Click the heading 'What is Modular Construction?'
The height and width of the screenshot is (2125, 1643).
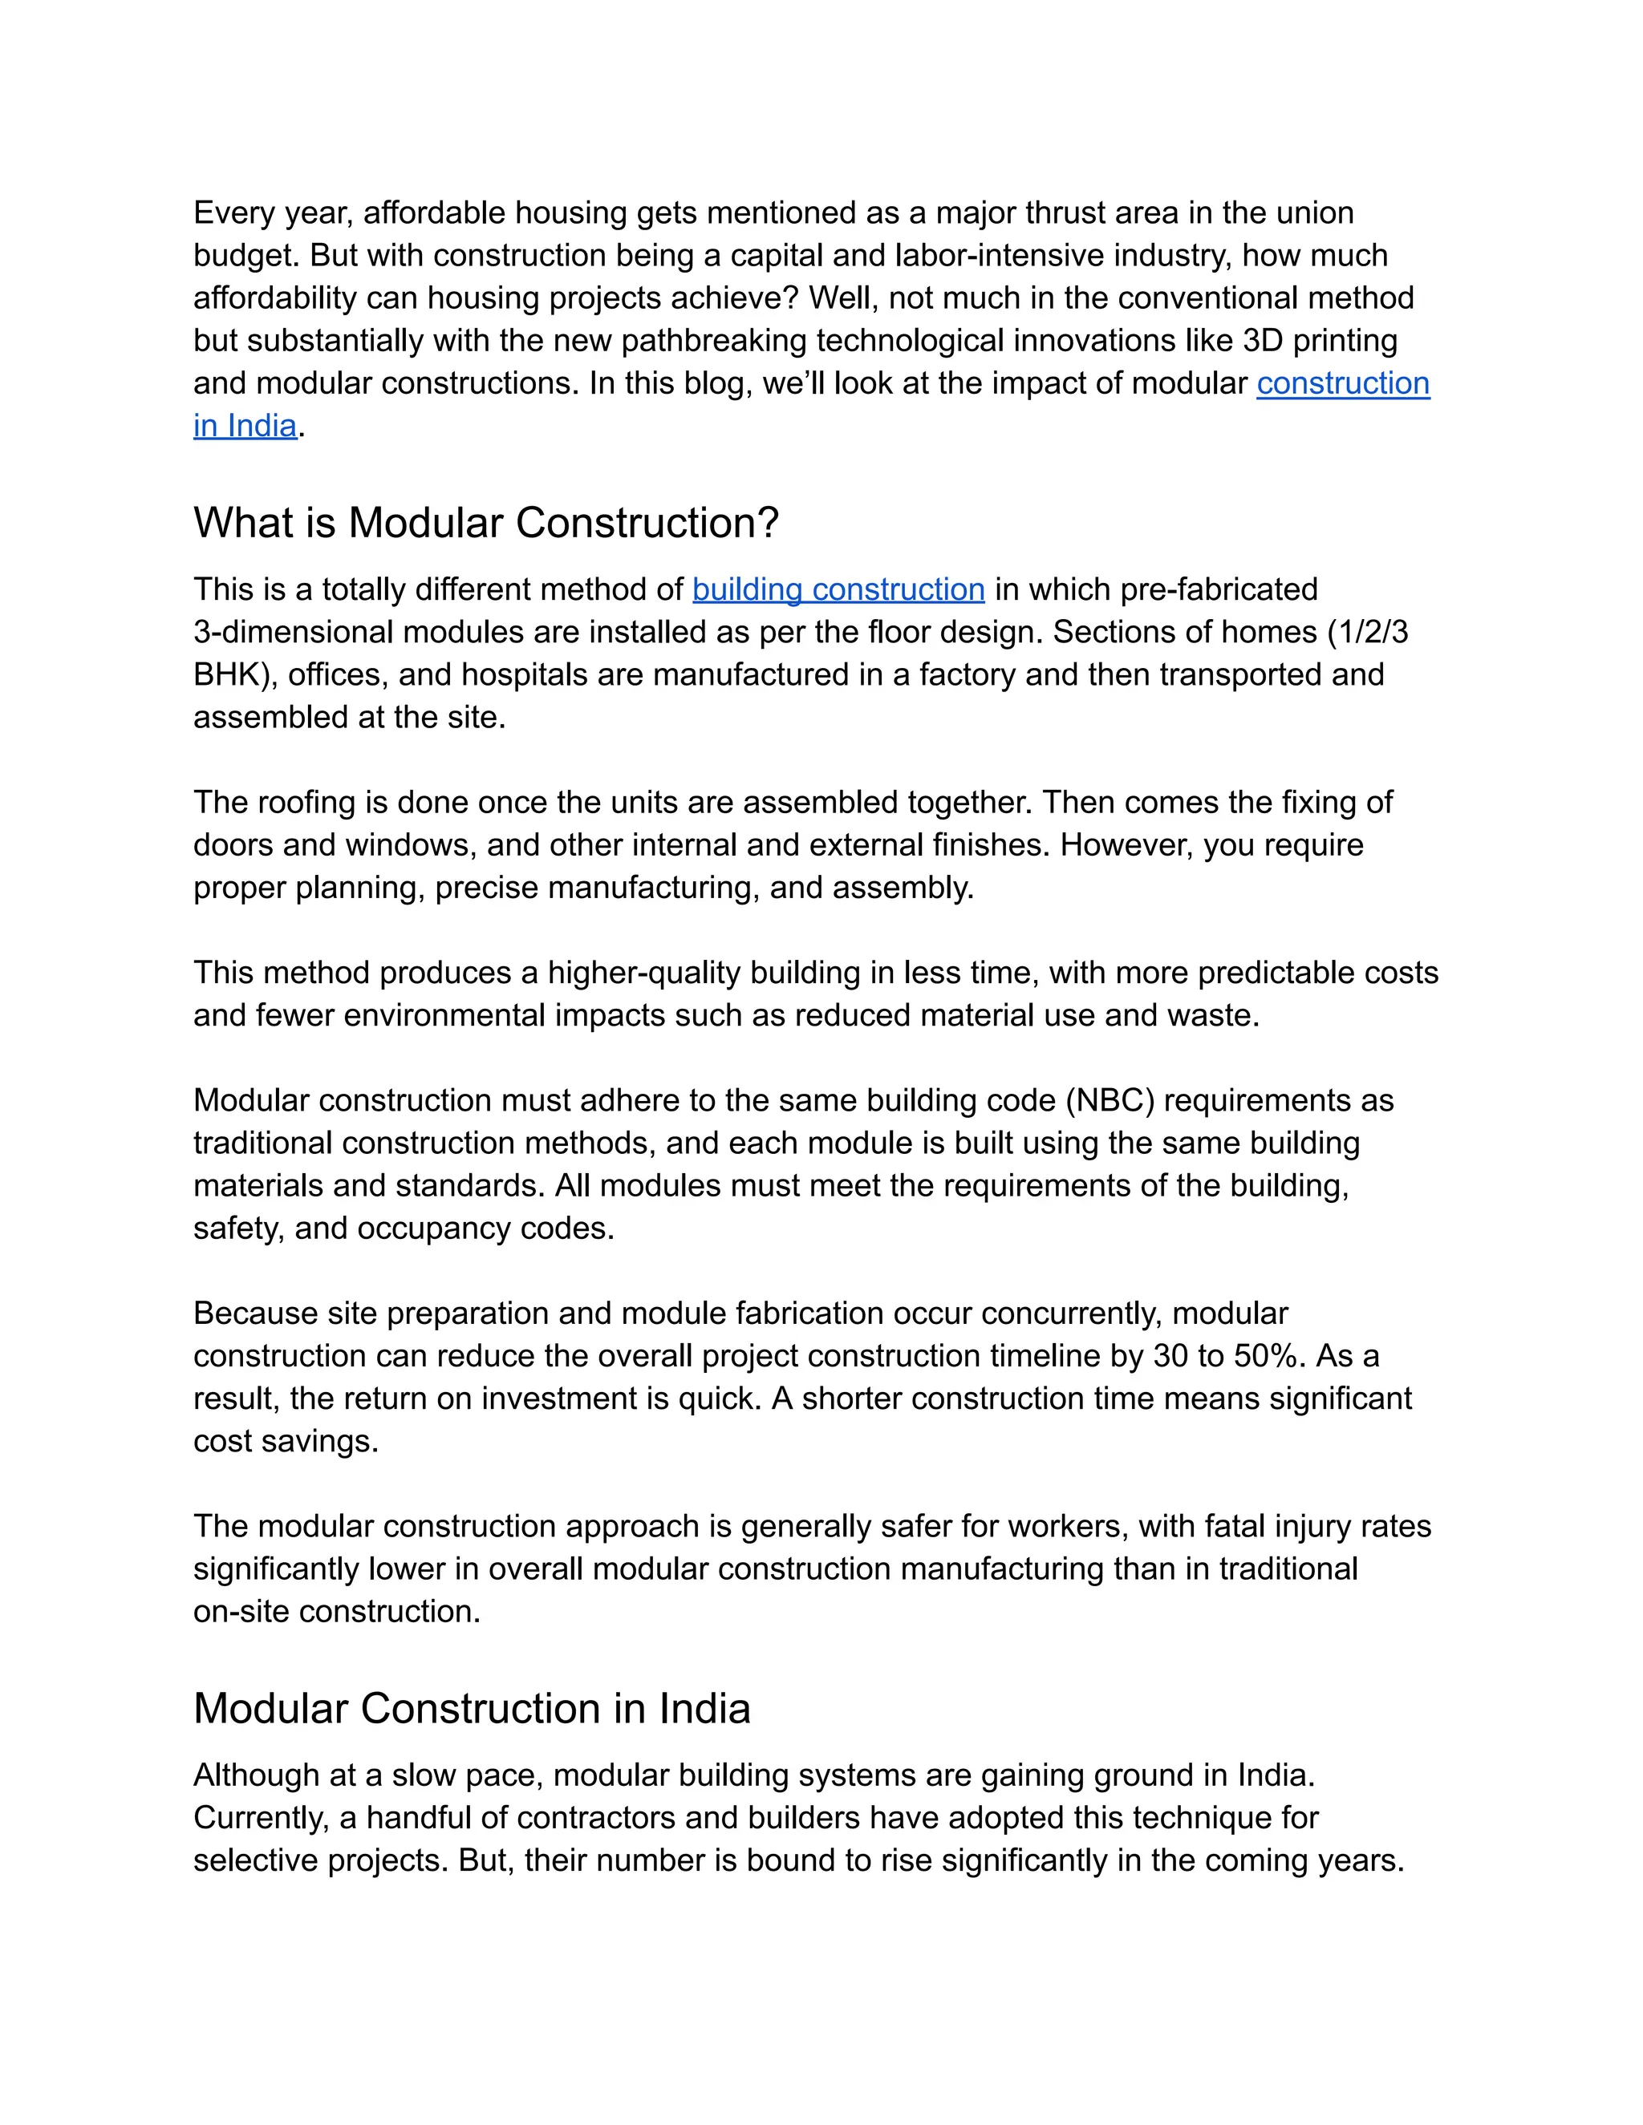click(x=485, y=524)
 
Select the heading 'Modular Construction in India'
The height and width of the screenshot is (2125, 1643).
click(x=471, y=1710)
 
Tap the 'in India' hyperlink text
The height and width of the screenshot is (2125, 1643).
click(x=245, y=426)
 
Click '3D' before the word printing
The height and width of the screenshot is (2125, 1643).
click(x=1263, y=341)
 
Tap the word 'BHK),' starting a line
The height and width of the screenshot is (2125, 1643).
click(x=236, y=675)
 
